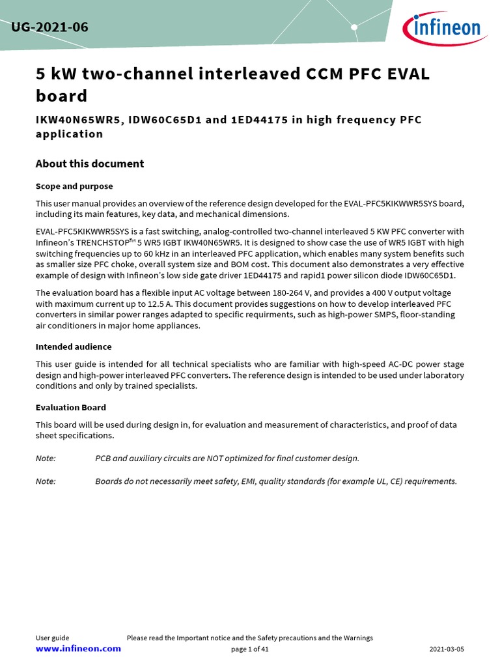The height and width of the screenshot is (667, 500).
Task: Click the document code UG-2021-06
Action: (x=49, y=27)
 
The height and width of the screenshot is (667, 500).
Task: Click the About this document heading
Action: (x=89, y=163)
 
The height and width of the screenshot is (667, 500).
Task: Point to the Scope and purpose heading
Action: (x=74, y=186)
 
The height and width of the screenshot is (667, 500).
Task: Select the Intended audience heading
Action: (x=73, y=347)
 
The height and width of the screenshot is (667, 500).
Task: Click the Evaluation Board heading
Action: (x=70, y=407)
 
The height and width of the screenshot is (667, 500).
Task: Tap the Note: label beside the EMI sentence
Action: (x=46, y=481)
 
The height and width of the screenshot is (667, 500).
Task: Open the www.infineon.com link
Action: (x=78, y=649)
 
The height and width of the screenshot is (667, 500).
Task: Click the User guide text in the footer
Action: (x=52, y=638)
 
